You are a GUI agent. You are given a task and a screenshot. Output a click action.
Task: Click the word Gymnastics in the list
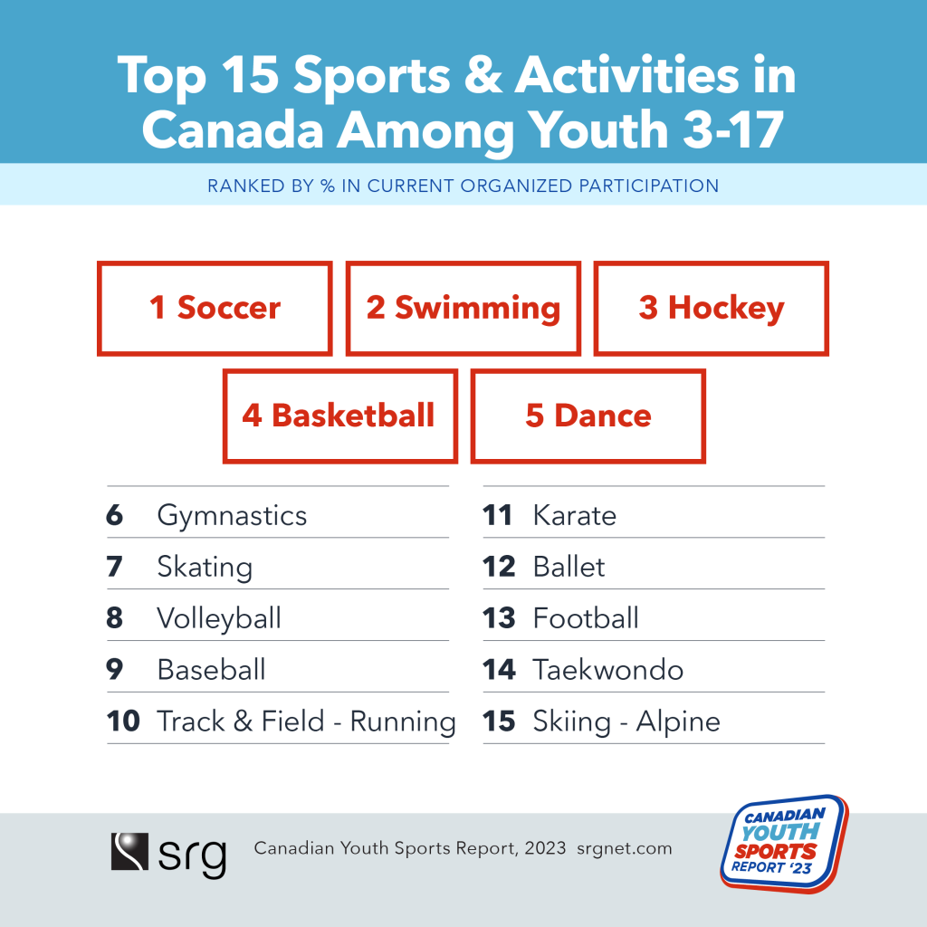(232, 516)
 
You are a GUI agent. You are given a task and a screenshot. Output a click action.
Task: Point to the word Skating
(205, 568)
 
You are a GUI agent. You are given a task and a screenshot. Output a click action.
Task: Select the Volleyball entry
(219, 619)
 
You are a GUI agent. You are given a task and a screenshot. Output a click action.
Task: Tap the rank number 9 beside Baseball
(115, 670)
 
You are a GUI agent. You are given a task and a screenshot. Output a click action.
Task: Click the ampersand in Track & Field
(243, 722)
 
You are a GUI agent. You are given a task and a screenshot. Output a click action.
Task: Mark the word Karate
(575, 515)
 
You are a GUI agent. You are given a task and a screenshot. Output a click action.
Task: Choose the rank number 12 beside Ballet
(499, 567)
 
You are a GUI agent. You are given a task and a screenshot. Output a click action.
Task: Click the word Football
(586, 618)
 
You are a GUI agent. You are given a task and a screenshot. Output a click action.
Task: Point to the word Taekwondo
(608, 670)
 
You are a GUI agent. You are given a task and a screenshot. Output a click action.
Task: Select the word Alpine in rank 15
(678, 722)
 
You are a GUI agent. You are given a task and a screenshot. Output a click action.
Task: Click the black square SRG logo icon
(129, 851)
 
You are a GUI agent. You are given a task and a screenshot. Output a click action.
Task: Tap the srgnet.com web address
(625, 849)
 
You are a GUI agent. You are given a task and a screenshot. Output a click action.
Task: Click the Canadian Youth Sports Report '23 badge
(785, 844)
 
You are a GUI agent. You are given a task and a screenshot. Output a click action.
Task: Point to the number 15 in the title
(250, 75)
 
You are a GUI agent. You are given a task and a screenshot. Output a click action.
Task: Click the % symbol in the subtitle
(328, 186)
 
